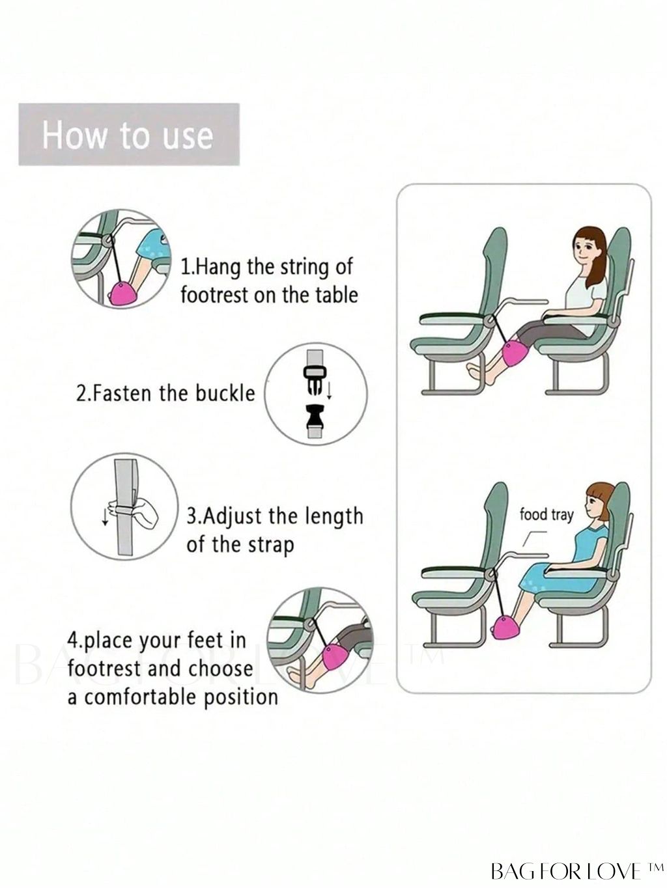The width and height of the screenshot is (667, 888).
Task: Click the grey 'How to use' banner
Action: [129, 134]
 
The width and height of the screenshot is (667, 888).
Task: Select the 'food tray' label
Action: [546, 516]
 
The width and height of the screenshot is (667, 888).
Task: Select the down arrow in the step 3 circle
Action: [106, 517]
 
